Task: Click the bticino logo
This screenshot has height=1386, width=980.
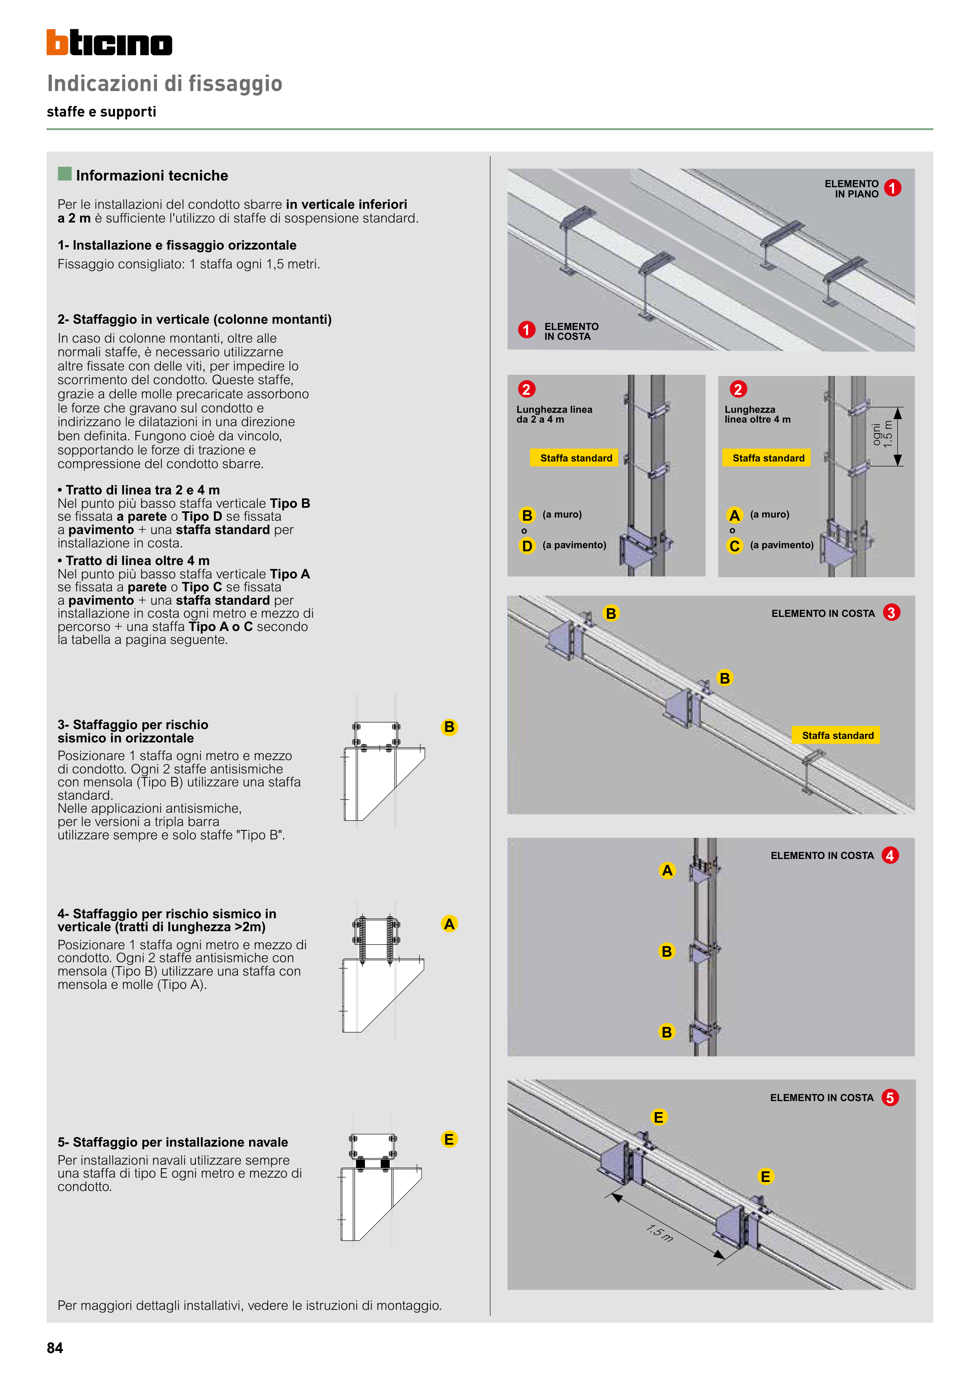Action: [x=109, y=43]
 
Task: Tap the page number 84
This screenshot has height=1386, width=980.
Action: [x=55, y=1348]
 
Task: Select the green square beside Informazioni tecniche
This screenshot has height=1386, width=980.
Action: [x=65, y=174]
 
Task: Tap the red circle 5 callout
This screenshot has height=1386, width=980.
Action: [x=889, y=1098]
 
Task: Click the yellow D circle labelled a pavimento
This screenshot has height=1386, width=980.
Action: [x=527, y=546]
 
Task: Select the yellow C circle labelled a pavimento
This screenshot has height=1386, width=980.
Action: [x=734, y=546]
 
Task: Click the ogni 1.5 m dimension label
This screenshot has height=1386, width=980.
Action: [x=882, y=434]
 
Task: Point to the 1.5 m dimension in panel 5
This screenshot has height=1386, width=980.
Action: [x=659, y=1233]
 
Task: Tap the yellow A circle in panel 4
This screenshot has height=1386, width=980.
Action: [x=667, y=870]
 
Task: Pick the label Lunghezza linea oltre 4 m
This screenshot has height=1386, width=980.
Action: [x=757, y=414]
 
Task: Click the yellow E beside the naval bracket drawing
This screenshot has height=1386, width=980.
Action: [x=449, y=1139]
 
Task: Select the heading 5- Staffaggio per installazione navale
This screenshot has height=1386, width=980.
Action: [x=173, y=1142]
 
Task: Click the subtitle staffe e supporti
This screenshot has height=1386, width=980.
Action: [x=101, y=112]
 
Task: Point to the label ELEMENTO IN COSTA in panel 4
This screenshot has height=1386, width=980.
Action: [x=822, y=855]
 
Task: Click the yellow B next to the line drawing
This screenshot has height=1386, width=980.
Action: [x=449, y=727]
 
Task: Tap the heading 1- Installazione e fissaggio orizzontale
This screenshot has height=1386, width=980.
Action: [x=177, y=245]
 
